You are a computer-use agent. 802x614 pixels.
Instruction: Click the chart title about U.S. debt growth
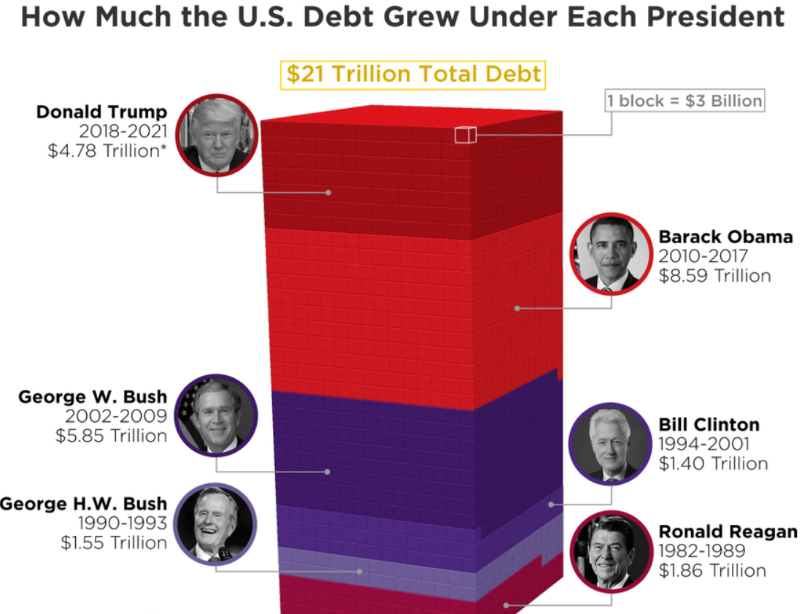tap(402, 16)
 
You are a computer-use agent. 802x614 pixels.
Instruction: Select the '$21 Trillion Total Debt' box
tap(413, 74)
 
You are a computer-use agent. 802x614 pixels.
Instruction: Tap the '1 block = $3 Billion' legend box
tap(685, 100)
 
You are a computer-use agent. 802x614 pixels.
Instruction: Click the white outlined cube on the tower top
tap(465, 135)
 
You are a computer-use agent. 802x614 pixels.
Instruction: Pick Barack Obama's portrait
tap(611, 253)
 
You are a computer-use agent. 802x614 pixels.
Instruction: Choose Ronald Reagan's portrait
tap(610, 551)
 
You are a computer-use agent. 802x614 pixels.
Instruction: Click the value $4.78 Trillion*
tap(107, 152)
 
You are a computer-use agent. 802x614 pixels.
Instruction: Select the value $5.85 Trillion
tap(111, 436)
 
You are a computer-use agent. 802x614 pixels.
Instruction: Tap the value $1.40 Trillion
tap(712, 464)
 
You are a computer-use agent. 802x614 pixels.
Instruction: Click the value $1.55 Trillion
tap(113, 543)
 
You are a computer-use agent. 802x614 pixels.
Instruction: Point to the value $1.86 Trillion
tap(712, 571)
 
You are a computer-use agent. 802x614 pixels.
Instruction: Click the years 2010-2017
tap(703, 257)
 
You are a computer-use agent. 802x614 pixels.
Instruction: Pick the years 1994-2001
tap(703, 445)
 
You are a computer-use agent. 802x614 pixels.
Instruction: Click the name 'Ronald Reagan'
tap(728, 532)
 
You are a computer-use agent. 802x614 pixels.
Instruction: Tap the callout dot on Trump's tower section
tap(328, 192)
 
